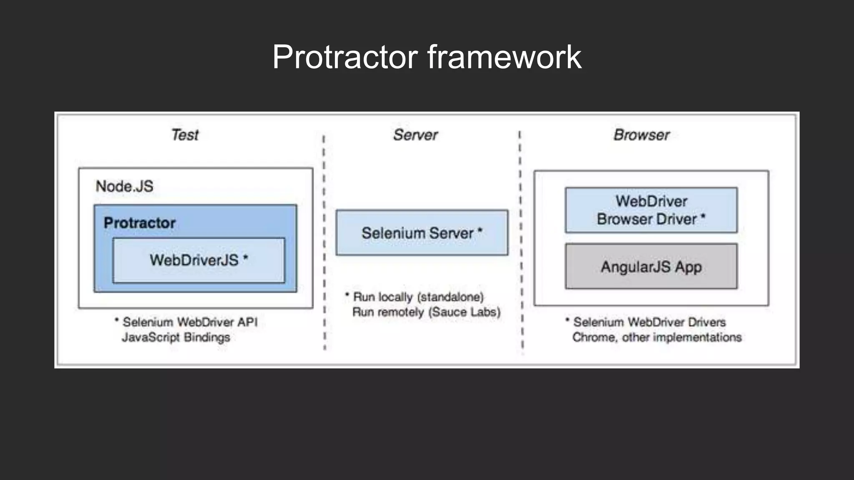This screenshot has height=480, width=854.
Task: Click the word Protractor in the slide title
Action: coord(345,57)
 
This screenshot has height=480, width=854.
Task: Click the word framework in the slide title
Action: coord(504,57)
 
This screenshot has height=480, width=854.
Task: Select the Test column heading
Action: coord(185,135)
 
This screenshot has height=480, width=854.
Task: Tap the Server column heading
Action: coord(415,135)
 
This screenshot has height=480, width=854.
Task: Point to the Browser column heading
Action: coord(641,135)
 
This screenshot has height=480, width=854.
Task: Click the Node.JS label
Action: coord(124,186)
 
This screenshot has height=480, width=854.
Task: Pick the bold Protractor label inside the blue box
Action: coord(139,223)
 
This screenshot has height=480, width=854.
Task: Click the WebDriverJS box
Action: coord(198,260)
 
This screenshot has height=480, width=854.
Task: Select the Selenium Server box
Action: coord(422,233)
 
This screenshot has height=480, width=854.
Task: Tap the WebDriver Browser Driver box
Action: coord(651,210)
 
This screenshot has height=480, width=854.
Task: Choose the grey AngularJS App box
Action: coord(651,267)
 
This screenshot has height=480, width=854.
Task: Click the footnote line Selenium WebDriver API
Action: coord(190,322)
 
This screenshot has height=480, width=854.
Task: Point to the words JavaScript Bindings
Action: coord(176,337)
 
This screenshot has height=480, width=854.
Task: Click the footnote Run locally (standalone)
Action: coord(418,297)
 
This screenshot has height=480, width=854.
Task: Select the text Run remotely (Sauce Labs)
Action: coord(426,312)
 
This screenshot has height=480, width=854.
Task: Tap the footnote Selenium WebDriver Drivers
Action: coord(649,322)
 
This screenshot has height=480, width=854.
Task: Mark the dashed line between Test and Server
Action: coord(324,242)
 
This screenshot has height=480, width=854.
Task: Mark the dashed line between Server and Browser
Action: coord(521,242)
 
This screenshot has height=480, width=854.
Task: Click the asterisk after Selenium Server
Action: coord(480,230)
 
